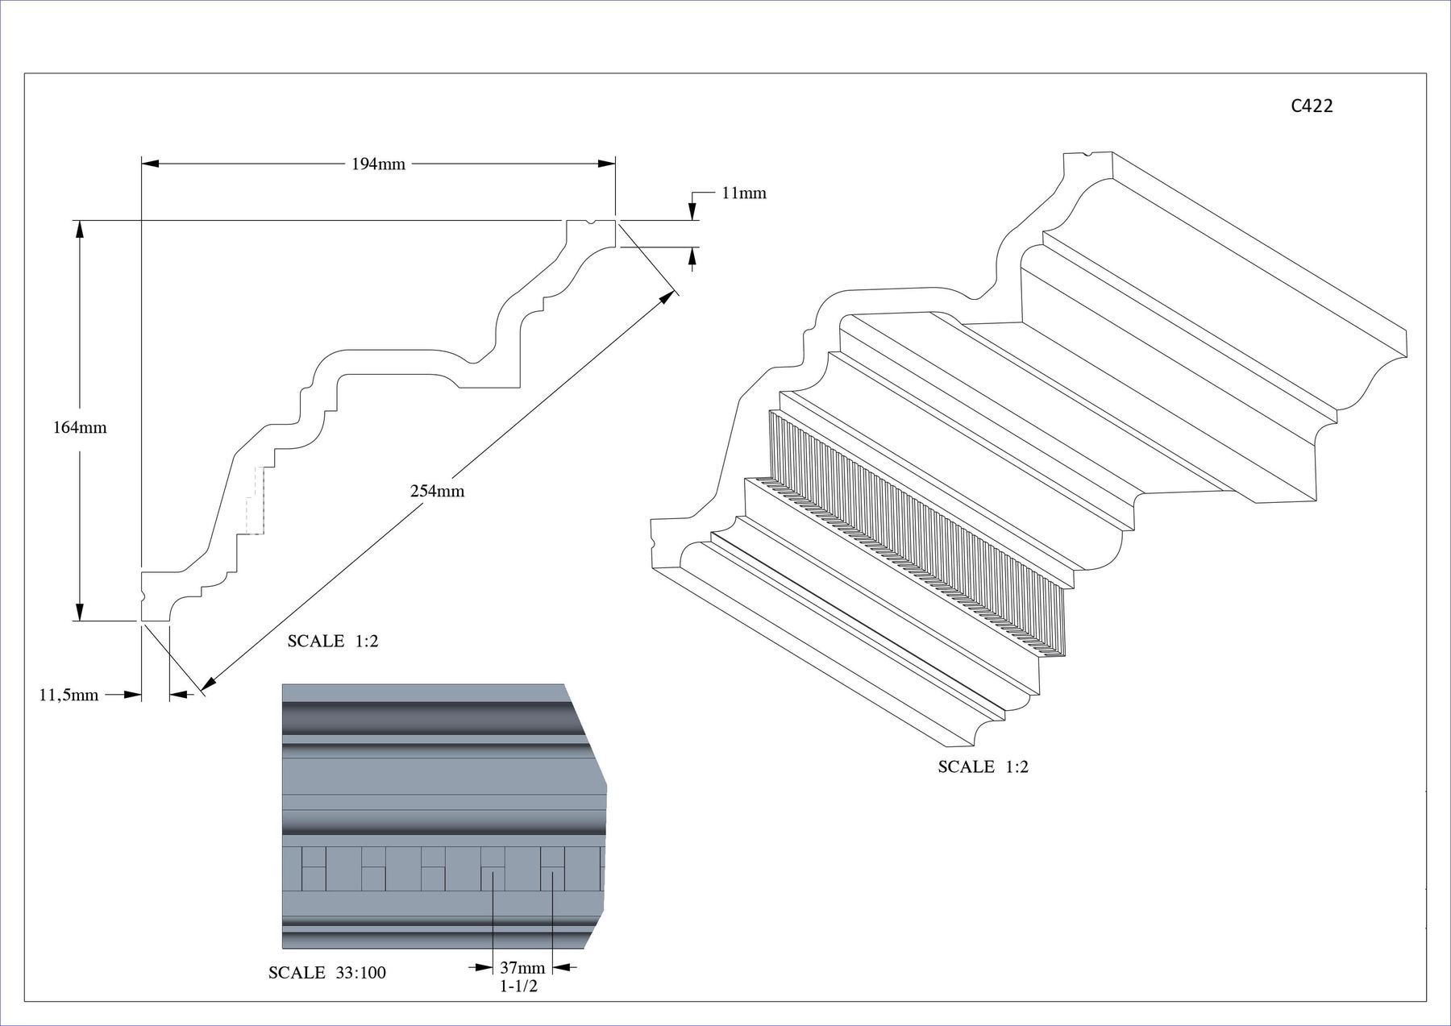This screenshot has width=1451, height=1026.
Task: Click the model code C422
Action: [x=1312, y=106]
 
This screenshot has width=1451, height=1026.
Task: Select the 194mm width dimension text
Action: [x=378, y=164]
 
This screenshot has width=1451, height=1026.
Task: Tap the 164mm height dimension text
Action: [x=80, y=428]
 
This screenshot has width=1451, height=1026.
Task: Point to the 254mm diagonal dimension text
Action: [x=438, y=491]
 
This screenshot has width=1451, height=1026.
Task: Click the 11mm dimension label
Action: [x=744, y=193]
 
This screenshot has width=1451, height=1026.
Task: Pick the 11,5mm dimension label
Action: [x=69, y=695]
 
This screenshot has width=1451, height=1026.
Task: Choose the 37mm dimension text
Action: [x=522, y=967]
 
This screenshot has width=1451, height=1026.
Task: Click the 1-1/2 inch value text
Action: [x=518, y=986]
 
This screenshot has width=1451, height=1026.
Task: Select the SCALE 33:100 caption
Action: [x=327, y=973]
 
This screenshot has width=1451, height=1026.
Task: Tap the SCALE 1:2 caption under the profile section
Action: [x=333, y=642]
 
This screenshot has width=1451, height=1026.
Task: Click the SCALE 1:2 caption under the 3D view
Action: [x=983, y=766]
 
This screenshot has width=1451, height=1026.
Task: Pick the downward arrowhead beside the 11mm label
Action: [x=692, y=211]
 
